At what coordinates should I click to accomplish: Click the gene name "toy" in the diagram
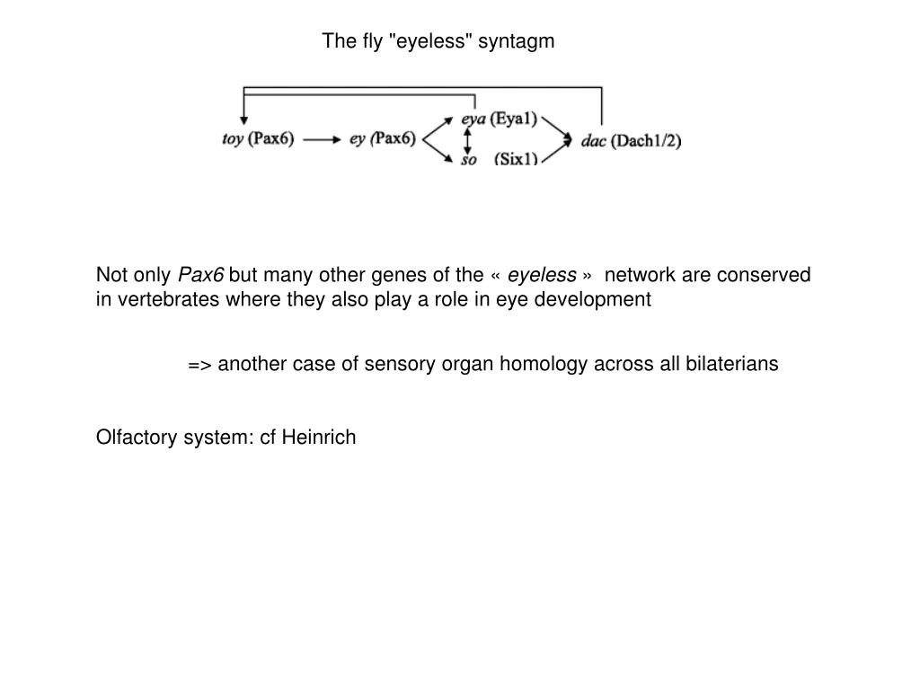pyautogui.click(x=233, y=139)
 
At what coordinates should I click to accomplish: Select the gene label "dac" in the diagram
pyautogui.click(x=593, y=141)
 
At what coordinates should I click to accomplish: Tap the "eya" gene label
pyautogui.click(x=473, y=119)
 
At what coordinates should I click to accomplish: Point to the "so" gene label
pyautogui.click(x=468, y=160)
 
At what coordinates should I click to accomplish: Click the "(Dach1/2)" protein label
pyautogui.click(x=646, y=141)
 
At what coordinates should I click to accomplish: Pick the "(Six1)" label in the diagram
pyautogui.click(x=516, y=160)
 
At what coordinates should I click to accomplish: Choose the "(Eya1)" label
pyautogui.click(x=513, y=119)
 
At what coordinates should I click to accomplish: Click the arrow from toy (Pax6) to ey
pyautogui.click(x=323, y=139)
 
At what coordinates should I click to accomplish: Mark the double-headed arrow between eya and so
pyautogui.click(x=467, y=139)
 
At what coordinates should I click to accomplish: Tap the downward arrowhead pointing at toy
pyautogui.click(x=243, y=119)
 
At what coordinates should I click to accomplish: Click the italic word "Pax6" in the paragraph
pyautogui.click(x=201, y=275)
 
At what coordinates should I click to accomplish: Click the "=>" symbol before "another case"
pyautogui.click(x=199, y=364)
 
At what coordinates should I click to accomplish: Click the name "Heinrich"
pyautogui.click(x=319, y=438)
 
